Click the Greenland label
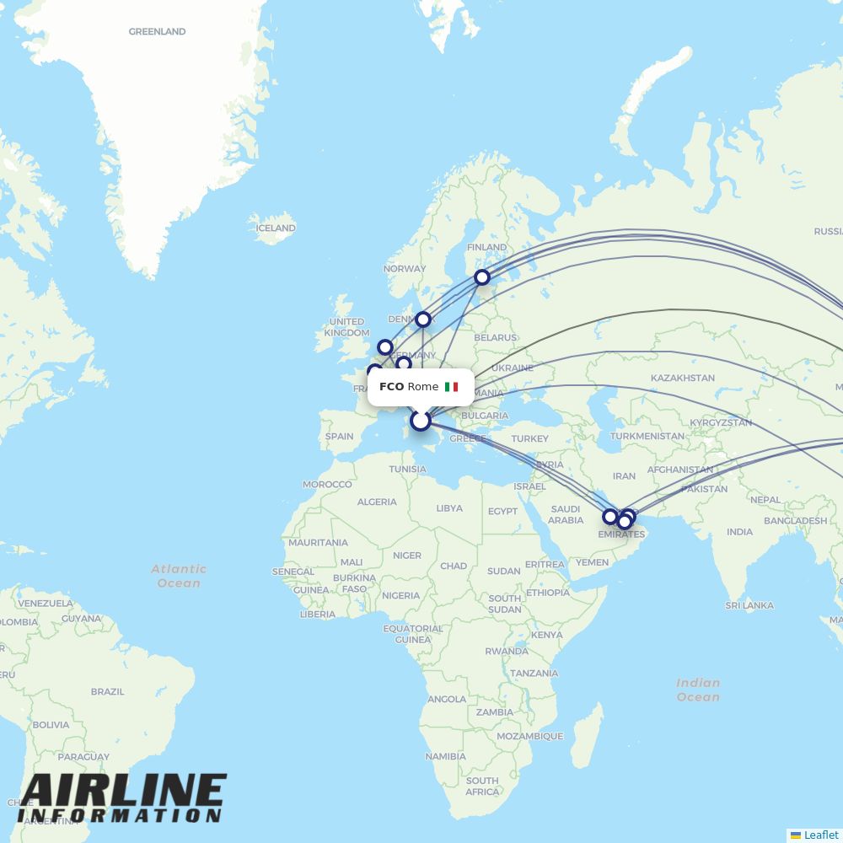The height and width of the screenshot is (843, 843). [157, 32]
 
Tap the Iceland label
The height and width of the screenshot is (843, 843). [276, 228]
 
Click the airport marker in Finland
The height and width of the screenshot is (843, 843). [481, 277]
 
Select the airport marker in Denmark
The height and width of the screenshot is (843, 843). [423, 319]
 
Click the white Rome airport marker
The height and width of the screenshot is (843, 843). [420, 421]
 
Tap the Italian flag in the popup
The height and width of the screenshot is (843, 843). [452, 387]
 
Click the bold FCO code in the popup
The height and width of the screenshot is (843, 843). [391, 387]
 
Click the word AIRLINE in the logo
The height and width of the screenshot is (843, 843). [122, 792]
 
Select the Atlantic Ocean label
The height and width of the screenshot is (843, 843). [179, 576]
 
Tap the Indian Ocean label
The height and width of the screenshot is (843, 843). [698, 690]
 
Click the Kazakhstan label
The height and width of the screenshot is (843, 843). [683, 379]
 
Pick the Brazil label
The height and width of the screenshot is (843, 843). [107, 691]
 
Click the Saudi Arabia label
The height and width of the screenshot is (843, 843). [566, 514]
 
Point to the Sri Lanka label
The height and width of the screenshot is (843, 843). [749, 605]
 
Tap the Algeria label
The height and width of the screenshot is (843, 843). [377, 502]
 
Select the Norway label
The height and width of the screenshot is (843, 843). [404, 269]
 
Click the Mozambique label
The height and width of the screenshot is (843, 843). [529, 736]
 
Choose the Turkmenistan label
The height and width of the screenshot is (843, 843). [647, 436]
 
